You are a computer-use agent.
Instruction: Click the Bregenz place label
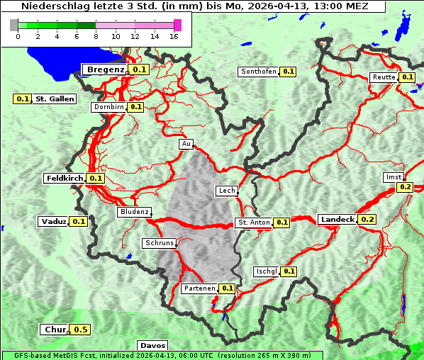pos(105,69)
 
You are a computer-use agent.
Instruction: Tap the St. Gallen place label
pos(55,99)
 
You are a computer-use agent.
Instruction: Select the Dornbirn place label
pos(108,107)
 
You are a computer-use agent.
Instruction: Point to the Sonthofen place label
pos(258,72)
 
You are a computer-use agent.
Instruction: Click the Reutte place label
pos(383,77)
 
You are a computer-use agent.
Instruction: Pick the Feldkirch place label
pos(64,179)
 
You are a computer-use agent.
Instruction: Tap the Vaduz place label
pos(53,222)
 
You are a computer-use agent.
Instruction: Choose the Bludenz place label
pos(134,212)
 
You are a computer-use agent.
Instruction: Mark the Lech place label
pos(226,191)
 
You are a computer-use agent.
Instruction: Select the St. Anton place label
pos(253,223)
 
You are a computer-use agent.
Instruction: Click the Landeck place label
pos(337,220)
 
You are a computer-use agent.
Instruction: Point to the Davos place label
pos(152,346)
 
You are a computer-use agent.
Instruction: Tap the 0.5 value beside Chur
pos(81,330)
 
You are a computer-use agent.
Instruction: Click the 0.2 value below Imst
pos(405,187)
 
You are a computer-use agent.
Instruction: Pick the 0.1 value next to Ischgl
pos(289,271)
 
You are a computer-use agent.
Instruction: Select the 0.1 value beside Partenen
pos(227,288)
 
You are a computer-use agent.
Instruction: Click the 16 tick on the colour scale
pos(174,36)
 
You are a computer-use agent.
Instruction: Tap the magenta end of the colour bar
pos(177,25)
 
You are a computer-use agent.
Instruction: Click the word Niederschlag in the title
pos(56,6)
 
